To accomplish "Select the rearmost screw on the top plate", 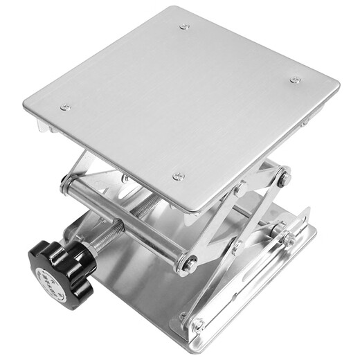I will [184, 27].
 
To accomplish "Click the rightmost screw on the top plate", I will [296, 80].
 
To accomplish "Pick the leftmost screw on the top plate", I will [65, 107].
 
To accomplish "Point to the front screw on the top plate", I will [179, 177].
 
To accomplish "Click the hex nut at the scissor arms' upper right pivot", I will [283, 177].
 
